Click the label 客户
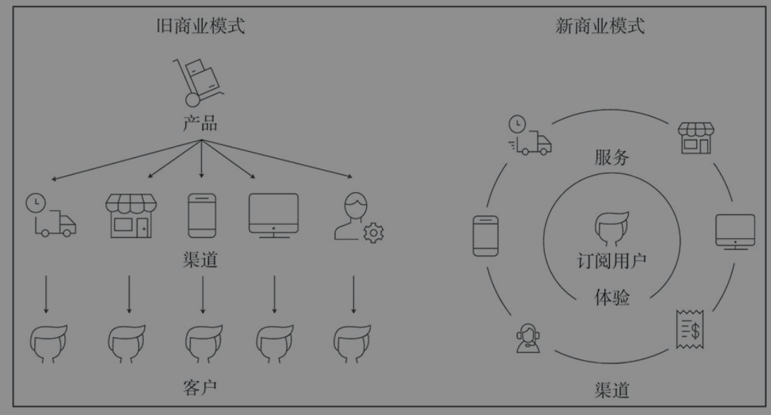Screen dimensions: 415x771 tap(200, 386)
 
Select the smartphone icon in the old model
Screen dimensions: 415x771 tap(202, 217)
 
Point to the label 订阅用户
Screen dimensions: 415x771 tap(612, 262)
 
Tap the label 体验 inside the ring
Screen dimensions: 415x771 tap(612, 298)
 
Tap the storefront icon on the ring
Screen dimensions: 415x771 tap(696, 138)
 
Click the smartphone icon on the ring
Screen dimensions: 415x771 tap(485, 235)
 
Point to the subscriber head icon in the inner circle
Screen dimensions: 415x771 tap(612, 228)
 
